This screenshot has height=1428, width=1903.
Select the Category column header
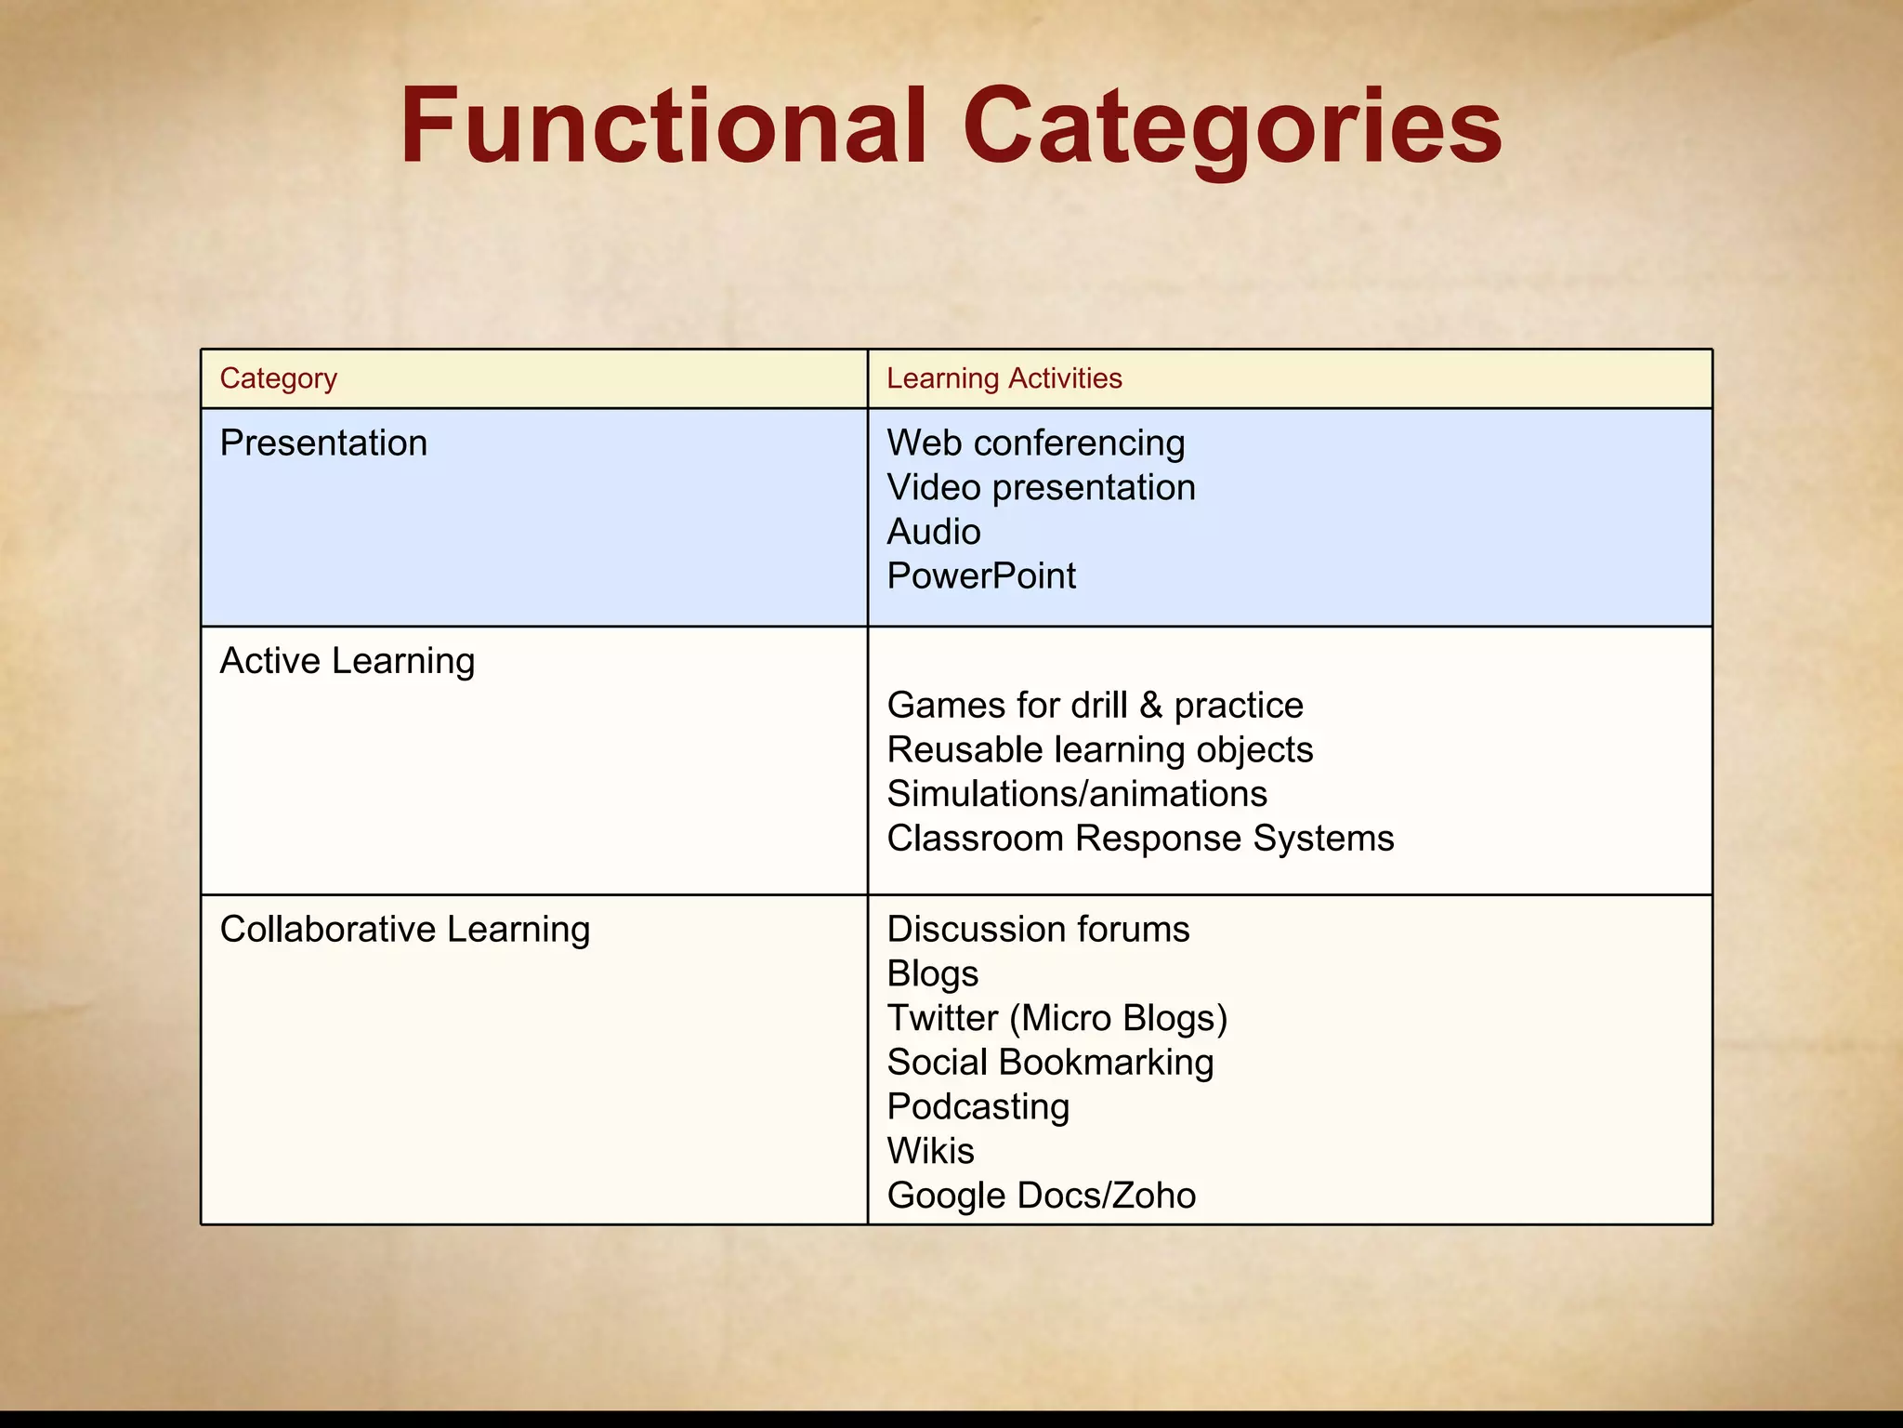point(279,378)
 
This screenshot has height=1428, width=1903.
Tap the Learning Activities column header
point(1004,378)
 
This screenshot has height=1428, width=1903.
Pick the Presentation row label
point(323,443)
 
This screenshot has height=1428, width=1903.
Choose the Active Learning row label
point(348,661)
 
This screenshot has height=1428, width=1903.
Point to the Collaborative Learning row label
point(405,929)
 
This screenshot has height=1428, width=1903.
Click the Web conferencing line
point(1036,443)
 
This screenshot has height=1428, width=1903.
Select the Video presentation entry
point(1041,487)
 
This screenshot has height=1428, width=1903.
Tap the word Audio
point(934,532)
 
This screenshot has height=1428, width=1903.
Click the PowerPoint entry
point(981,576)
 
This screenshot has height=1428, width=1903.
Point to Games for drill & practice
point(1095,705)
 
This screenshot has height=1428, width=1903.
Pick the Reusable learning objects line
point(1100,749)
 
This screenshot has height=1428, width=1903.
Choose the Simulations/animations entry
point(1077,794)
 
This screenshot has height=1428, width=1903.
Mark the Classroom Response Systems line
point(1140,839)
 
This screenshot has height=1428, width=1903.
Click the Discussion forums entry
point(1038,929)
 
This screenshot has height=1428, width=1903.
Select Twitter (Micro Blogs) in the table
point(1057,1018)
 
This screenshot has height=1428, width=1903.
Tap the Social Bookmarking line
point(1050,1063)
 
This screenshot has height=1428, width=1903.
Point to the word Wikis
point(930,1151)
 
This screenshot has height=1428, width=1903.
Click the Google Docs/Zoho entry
point(1041,1196)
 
